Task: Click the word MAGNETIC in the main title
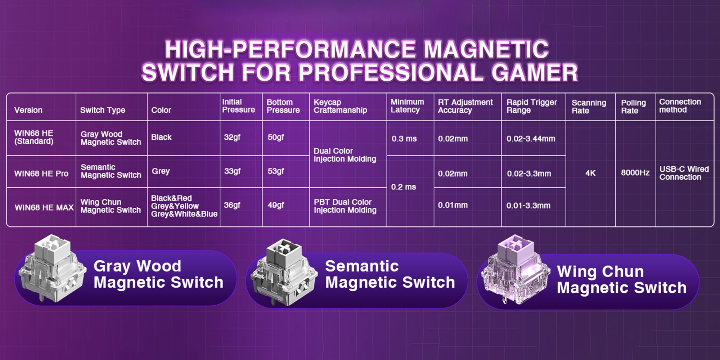[486, 49]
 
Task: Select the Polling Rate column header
[633, 107]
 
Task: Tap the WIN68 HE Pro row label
[41, 174]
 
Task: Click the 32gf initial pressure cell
[232, 137]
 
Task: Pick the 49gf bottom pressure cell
[276, 205]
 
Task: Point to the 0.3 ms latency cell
[404, 139]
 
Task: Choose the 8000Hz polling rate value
[635, 173]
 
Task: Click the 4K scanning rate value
[590, 173]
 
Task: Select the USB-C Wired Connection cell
[684, 173]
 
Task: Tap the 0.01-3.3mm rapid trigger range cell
[528, 206]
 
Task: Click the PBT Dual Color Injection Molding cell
[345, 206]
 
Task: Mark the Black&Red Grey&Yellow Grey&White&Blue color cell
[184, 206]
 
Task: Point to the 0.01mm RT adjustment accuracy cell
[453, 205]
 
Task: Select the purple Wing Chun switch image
[516, 270]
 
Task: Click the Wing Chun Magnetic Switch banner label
[621, 280]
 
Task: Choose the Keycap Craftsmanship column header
[340, 106]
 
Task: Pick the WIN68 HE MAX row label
[44, 208]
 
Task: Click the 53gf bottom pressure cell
[276, 171]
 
